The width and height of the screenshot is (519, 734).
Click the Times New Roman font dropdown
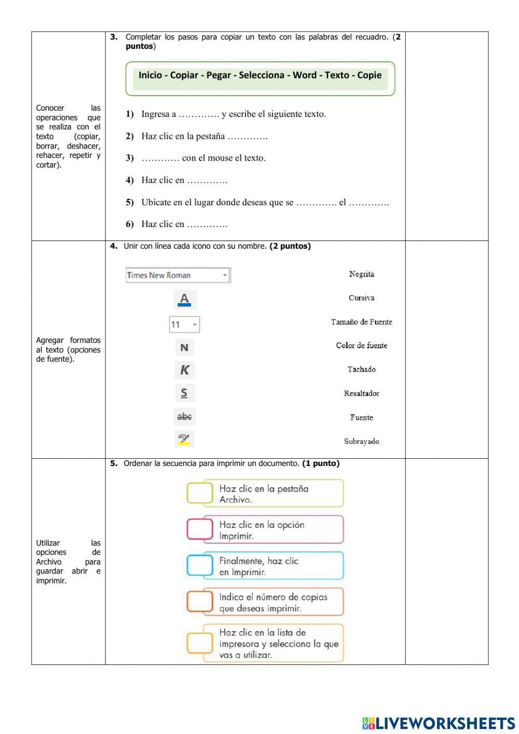178,275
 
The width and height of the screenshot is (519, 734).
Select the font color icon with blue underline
184,299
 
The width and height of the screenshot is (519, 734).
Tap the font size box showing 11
184,325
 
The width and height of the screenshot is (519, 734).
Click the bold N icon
184,348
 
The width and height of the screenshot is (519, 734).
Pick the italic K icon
184,370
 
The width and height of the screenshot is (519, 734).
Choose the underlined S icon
184,393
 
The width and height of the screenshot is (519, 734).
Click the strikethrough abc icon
184,417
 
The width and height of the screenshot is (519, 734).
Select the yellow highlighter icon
184,439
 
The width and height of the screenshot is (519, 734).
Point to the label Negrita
361,274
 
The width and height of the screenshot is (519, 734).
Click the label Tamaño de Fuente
361,322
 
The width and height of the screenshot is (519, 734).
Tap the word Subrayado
361,442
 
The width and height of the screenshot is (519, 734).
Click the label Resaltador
361,394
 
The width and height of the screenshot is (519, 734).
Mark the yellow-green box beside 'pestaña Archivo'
200,493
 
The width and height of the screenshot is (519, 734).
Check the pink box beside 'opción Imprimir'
200,529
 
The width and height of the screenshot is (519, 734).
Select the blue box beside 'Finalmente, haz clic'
200,565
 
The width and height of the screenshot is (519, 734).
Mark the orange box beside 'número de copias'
200,602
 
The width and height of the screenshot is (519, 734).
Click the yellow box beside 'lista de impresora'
200,643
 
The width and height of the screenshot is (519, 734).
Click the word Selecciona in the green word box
262,75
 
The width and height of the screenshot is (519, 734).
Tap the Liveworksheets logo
439,723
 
